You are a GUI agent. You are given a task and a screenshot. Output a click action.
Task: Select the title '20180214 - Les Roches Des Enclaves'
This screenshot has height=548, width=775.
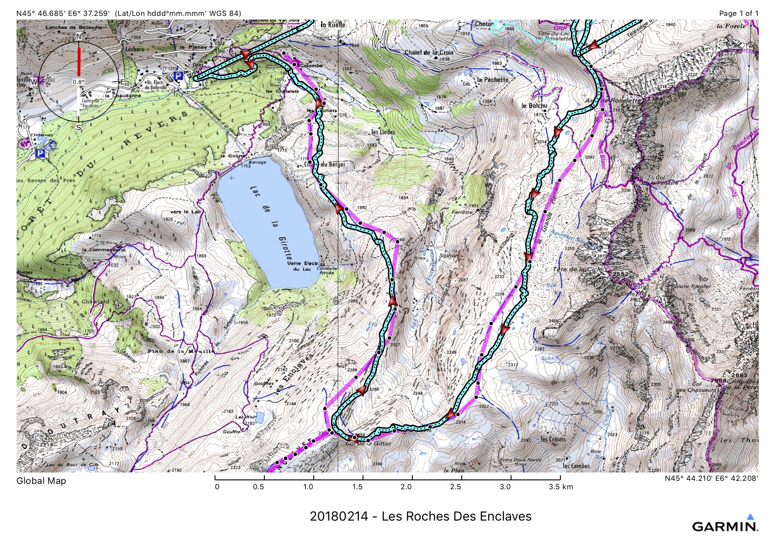420,516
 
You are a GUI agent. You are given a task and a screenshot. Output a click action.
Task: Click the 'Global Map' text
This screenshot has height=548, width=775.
41,481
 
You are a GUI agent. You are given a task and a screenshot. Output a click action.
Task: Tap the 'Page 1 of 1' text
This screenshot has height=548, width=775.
738,13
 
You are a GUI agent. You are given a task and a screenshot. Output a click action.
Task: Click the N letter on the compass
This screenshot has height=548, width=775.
79,37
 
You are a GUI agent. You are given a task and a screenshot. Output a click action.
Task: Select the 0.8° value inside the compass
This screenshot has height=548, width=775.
78,82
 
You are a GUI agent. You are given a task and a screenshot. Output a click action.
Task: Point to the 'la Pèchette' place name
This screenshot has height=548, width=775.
493,80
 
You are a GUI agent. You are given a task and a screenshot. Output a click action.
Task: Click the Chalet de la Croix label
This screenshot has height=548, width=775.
429,53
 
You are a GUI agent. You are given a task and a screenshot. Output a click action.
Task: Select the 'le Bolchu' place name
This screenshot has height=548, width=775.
534,106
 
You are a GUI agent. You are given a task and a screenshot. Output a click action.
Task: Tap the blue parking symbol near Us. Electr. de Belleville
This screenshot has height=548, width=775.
178,76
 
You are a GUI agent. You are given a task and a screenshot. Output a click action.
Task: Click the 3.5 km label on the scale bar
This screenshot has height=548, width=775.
561,487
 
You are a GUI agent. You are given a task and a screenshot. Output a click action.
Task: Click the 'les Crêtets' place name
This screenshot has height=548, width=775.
553,439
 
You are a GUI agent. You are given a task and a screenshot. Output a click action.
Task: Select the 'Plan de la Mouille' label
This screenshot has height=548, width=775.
181,351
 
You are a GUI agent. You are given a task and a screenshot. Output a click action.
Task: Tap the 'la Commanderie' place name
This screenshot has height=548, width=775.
104,250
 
